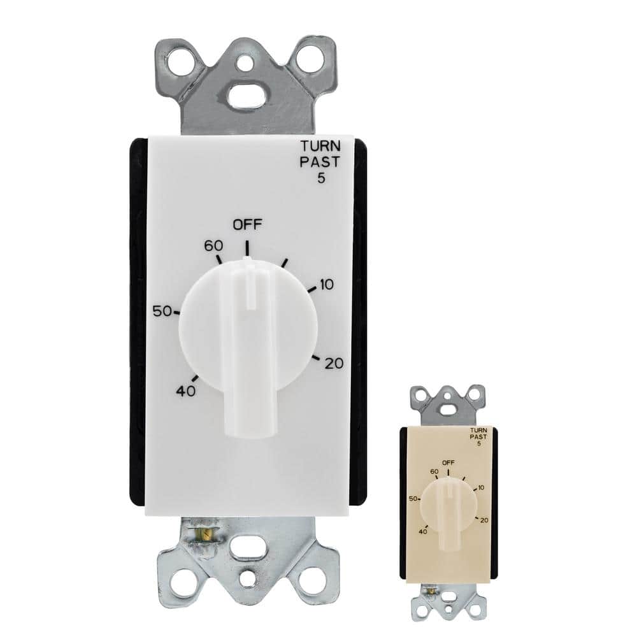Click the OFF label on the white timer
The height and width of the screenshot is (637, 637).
(247, 224)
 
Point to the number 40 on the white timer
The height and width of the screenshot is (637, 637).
(185, 391)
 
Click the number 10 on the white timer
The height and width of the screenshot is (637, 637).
(326, 285)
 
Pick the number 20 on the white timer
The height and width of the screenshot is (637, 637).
(334, 364)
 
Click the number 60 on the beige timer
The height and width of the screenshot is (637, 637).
(435, 471)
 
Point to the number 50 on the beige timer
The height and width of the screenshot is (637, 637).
(413, 499)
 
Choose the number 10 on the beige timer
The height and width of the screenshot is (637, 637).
(480, 487)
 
